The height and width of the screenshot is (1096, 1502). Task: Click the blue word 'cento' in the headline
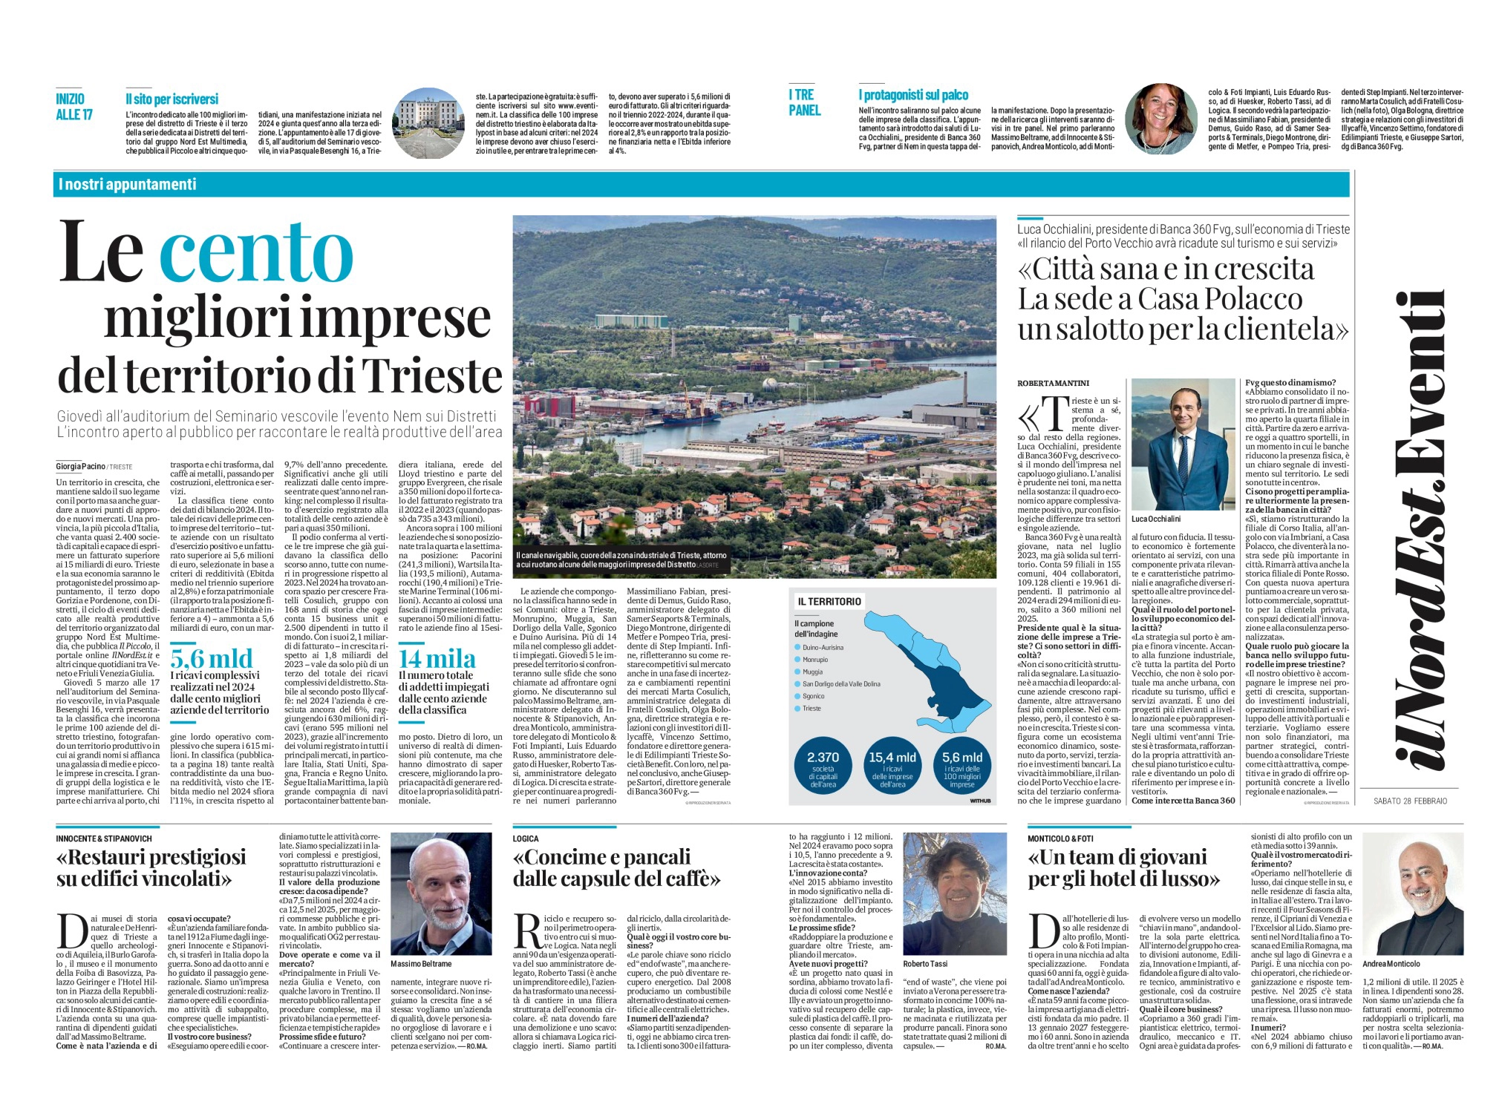256,252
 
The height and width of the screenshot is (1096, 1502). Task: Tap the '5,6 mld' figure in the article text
212,658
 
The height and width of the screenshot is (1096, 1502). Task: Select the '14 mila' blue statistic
437,659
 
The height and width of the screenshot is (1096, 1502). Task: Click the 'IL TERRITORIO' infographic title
829,601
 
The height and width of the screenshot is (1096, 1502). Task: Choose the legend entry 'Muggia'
812,672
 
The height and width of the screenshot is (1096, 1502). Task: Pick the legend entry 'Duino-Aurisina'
823,648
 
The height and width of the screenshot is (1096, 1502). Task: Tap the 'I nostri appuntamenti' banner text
127,184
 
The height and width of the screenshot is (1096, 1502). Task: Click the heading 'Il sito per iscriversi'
172,99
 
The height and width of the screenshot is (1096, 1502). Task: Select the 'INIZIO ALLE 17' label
74,106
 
